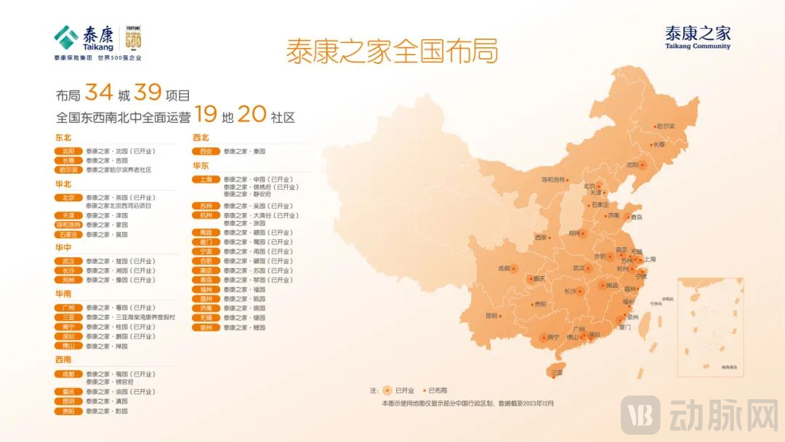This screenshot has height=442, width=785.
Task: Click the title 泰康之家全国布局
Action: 392,52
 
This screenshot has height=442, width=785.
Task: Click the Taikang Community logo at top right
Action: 697,37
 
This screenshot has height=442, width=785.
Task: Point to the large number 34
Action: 98,93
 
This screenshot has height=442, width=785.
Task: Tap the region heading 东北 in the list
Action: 63,137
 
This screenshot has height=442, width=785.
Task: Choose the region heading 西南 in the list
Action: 63,359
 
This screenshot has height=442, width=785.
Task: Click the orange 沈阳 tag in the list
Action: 68,151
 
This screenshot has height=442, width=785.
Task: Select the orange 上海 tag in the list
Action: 206,179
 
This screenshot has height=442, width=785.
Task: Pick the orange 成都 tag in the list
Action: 68,374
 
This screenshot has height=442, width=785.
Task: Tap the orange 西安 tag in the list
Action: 206,151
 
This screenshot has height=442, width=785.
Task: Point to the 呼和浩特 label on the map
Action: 554,179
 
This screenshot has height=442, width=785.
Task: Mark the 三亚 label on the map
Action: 557,372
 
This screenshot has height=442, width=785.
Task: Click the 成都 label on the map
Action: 504,268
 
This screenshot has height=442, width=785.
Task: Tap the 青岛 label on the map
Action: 637,217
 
